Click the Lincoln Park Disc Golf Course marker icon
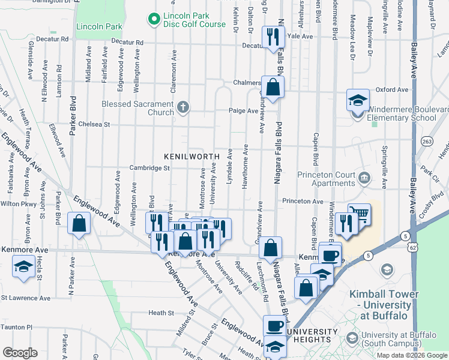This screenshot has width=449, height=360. tap(155, 20)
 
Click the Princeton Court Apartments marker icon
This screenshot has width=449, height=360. tap(364, 178)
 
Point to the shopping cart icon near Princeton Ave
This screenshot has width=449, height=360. tap(359, 214)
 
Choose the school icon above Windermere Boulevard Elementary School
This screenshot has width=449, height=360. tap(358, 100)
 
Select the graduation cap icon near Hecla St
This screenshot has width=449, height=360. tap(23, 268)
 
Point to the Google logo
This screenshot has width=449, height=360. tap(20, 353)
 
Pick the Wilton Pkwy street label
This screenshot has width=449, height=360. tap(15, 204)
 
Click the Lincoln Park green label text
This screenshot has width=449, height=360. tap(99, 26)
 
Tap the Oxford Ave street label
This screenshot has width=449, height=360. tap(391, 90)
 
